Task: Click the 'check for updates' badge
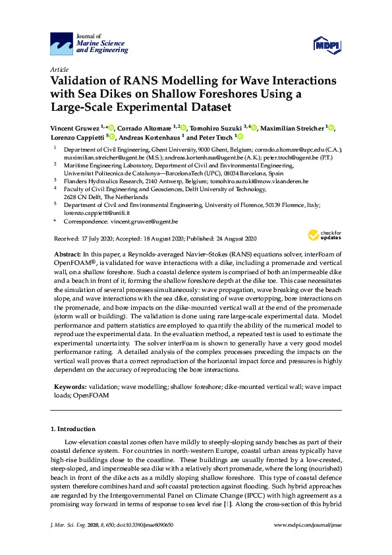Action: pos(323,236)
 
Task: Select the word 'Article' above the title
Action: pos(59,69)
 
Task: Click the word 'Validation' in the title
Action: pos(82,81)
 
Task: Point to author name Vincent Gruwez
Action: pos(74,127)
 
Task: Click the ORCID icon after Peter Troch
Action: pos(240,137)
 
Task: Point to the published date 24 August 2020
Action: pos(233,238)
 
